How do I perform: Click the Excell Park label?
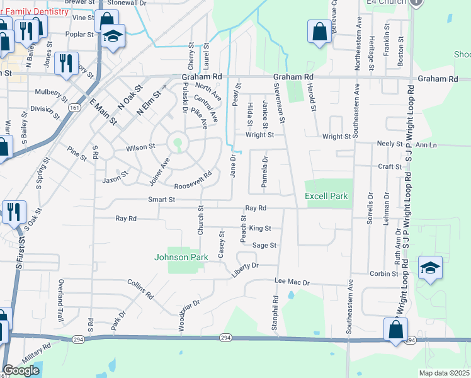pyautogui.click(x=326, y=196)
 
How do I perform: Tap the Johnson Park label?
pyautogui.click(x=181, y=256)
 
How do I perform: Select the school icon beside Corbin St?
pyautogui.click(x=430, y=267)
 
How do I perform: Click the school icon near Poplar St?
pyautogui.click(x=113, y=37)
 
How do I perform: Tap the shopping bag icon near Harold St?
pyautogui.click(x=319, y=31)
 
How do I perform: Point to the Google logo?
pyautogui.click(x=21, y=370)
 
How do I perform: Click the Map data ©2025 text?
pyautogui.click(x=443, y=373)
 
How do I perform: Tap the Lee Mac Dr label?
pyautogui.click(x=293, y=283)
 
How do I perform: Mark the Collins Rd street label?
pyautogui.click(x=140, y=289)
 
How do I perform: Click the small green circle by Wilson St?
pyautogui.click(x=178, y=142)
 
